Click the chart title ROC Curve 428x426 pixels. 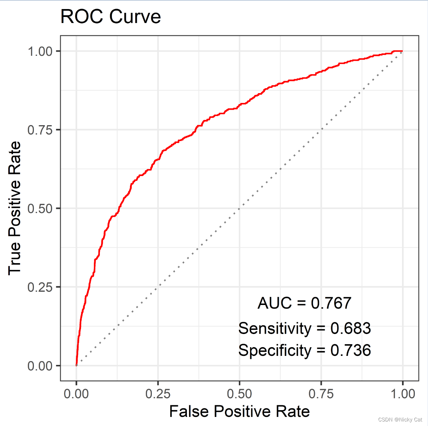click(110, 17)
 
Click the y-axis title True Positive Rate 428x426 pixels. click(15, 208)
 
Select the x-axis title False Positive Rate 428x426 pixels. click(239, 411)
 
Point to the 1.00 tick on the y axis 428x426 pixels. click(40, 51)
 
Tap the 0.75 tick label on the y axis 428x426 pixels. click(40, 130)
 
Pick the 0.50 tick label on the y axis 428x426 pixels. click(40, 208)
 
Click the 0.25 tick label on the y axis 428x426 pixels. click(40, 287)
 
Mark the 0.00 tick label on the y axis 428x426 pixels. click(40, 366)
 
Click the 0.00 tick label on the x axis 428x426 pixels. click(76, 394)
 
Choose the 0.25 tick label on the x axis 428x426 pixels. click(158, 394)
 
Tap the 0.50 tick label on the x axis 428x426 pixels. click(239, 394)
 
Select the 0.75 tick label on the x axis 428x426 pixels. click(321, 394)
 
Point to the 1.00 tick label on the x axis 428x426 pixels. click(402, 394)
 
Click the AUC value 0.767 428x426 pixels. click(331, 303)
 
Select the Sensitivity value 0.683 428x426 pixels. click(350, 328)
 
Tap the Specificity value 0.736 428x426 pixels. click(350, 350)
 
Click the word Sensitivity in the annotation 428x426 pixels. click(274, 328)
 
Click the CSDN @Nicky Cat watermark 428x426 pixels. click(400, 420)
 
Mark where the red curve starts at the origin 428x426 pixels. click(76, 365)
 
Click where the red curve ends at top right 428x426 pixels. click(402, 51)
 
